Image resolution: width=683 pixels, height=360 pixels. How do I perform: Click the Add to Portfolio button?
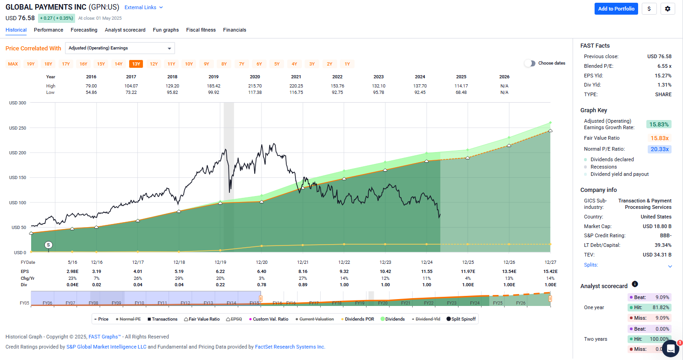tap(616, 9)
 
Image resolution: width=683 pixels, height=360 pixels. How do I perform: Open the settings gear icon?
tap(667, 9)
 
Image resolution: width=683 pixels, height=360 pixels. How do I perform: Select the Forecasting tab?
tap(84, 30)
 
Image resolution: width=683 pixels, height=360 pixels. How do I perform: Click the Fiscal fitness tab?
tap(201, 30)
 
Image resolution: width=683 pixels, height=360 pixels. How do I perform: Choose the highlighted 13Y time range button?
tap(136, 64)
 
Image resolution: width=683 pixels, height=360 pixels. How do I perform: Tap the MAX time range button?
tap(13, 64)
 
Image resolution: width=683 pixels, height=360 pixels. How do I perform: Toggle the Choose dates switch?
tap(530, 63)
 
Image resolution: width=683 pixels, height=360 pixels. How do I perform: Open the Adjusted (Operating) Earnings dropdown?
tap(120, 48)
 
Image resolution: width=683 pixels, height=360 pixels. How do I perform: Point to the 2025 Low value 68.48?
tap(461, 93)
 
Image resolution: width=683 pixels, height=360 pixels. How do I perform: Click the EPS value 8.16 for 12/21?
tap(303, 272)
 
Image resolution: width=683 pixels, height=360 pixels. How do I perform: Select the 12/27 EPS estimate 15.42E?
tap(550, 272)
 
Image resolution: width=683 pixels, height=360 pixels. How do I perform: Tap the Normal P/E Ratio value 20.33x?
tap(659, 149)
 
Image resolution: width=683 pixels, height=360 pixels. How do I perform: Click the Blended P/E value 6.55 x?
tap(662, 66)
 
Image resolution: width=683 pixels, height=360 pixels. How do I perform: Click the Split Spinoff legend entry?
tap(462, 319)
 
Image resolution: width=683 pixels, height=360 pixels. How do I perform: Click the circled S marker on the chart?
tap(48, 245)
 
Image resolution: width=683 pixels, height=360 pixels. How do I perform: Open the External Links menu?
tap(144, 8)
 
